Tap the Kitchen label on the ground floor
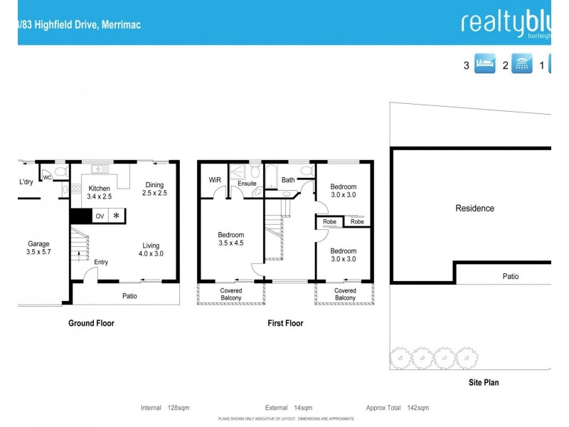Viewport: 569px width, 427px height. coord(99,189)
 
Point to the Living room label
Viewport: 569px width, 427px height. coord(150,246)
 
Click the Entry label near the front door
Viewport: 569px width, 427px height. coord(101,262)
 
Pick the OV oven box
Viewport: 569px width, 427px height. coord(100,216)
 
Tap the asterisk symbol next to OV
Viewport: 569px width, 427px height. coord(117,216)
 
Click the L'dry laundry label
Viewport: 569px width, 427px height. coord(26,182)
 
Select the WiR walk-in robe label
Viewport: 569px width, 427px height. coord(215,181)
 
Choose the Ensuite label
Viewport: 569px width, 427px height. coord(247,184)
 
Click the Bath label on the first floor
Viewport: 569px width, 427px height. coord(288,181)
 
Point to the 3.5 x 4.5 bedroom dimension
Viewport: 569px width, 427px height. coord(230,243)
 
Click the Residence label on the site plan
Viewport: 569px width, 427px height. coord(474,209)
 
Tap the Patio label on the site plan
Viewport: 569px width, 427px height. coord(511,277)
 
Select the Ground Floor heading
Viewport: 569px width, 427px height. coord(91,323)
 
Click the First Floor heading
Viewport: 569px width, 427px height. coord(285,323)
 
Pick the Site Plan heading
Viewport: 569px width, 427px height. coord(483,382)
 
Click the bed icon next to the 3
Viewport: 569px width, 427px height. coord(484,65)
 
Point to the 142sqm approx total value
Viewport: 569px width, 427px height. coord(418,408)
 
